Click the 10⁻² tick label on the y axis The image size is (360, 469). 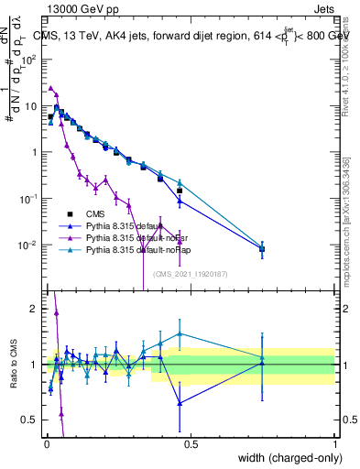coord(30,245)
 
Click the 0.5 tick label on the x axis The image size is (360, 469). coord(190,444)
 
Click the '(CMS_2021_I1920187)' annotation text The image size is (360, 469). coord(191,273)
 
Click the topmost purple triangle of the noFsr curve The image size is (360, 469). coord(50,89)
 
